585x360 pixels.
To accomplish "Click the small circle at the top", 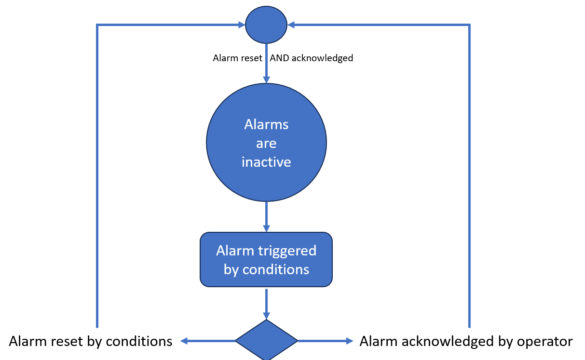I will click(x=266, y=25).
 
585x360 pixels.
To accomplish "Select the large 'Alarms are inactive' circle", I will click(x=266, y=143).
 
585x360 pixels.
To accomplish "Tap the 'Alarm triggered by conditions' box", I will click(x=266, y=260).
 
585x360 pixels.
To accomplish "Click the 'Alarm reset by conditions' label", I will click(x=91, y=341).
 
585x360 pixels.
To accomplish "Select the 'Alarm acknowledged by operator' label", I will click(x=466, y=341).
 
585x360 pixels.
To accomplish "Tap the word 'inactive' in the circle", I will click(x=266, y=162).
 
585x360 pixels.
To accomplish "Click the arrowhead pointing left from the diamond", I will click(x=184, y=341).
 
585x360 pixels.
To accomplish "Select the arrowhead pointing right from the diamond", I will click(x=350, y=341).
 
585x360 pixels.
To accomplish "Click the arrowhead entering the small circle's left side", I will click(x=242, y=25).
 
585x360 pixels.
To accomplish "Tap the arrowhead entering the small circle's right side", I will click(x=291, y=25).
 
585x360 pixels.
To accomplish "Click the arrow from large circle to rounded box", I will click(x=266, y=217).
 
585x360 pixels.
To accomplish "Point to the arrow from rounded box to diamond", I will click(x=266, y=304).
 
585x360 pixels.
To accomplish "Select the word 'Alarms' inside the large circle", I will click(x=266, y=124).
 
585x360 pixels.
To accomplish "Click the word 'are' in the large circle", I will click(x=266, y=143).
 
